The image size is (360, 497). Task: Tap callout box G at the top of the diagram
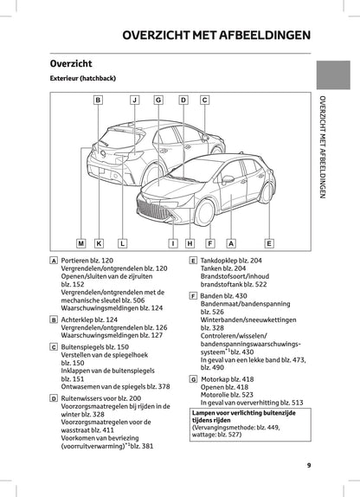click(x=158, y=100)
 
